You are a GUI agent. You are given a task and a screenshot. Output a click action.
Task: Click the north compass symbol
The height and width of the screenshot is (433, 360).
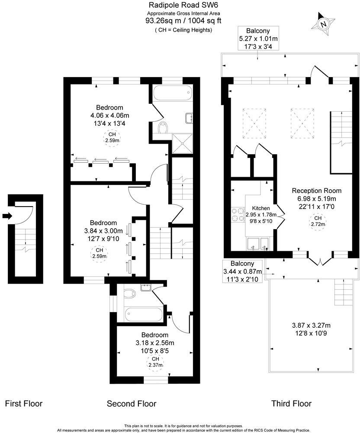click(x=323, y=24)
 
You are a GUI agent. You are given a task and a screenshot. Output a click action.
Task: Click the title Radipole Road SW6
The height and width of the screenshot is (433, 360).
click(x=179, y=5)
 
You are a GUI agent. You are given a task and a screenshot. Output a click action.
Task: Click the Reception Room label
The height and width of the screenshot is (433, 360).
click(x=317, y=191)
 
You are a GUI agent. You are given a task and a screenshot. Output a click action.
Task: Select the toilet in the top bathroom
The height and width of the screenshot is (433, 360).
click(x=164, y=128)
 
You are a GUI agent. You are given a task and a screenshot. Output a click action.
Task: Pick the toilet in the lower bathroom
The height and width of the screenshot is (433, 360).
click(x=129, y=294)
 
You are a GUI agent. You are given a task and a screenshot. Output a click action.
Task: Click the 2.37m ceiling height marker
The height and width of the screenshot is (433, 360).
click(x=155, y=362)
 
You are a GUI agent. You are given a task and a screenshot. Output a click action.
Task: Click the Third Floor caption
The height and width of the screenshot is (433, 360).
click(x=291, y=404)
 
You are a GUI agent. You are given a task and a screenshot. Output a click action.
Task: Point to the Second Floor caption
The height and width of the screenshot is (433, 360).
click(x=132, y=404)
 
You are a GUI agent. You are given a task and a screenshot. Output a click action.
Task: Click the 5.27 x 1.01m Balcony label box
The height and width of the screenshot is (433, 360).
click(x=258, y=39)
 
